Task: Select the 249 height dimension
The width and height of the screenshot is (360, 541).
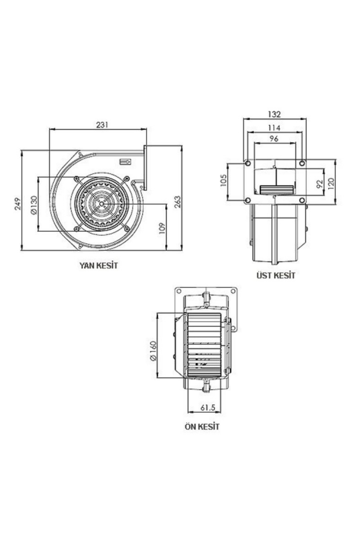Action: tap(18, 204)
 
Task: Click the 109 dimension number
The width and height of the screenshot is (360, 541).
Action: tap(162, 228)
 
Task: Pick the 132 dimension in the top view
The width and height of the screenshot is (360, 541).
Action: tap(275, 114)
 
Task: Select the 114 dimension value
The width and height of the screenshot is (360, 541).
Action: tap(274, 128)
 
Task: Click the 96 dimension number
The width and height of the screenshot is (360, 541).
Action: tap(274, 139)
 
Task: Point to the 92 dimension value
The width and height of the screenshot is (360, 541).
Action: tap(319, 184)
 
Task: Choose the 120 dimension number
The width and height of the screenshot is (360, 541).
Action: tap(330, 183)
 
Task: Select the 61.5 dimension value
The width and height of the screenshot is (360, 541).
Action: tap(207, 407)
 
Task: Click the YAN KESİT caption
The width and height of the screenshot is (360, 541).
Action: tap(99, 266)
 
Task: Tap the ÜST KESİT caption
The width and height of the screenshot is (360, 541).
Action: tap(276, 276)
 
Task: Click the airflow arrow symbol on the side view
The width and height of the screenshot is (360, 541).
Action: tap(125, 161)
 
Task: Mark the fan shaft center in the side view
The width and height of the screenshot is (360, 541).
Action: tap(101, 203)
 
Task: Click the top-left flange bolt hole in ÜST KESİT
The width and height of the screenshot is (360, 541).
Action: tap(248, 164)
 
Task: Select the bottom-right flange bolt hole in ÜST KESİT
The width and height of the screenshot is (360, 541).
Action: tap(302, 200)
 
